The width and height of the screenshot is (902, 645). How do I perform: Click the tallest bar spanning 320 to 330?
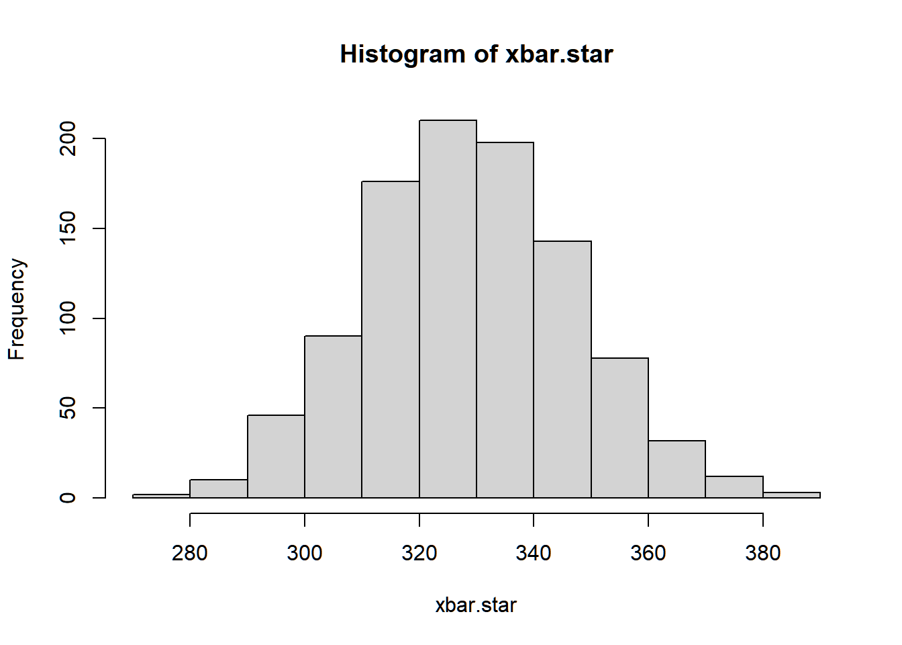point(448,309)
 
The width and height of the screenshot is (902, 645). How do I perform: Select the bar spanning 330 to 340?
point(505,320)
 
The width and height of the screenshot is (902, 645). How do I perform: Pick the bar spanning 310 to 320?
point(390,339)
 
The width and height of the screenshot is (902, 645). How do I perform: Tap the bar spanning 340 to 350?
point(562,370)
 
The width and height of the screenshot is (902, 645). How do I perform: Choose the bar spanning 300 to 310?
point(333,417)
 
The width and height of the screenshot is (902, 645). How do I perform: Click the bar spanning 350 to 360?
point(619,428)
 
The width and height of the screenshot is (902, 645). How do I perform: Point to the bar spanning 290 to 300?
point(276,456)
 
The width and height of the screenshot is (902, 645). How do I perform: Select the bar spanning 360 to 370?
point(677,469)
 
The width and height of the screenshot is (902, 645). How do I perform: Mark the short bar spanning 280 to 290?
point(219,488)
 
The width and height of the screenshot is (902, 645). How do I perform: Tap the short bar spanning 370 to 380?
point(734,487)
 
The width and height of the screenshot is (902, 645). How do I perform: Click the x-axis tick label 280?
point(190,553)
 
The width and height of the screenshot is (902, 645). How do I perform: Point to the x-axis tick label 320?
point(419,553)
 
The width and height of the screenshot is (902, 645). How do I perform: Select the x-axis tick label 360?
point(648,553)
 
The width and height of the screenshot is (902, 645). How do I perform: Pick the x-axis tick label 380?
point(763,553)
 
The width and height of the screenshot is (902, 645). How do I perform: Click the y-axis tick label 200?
point(68,138)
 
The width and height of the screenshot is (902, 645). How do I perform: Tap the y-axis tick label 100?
point(68,318)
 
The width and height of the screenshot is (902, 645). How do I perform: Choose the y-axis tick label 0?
point(68,498)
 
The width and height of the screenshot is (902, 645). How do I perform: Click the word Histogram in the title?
point(403,54)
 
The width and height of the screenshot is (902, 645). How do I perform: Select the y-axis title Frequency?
point(17,309)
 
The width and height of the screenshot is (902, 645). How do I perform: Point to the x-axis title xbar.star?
point(476,605)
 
